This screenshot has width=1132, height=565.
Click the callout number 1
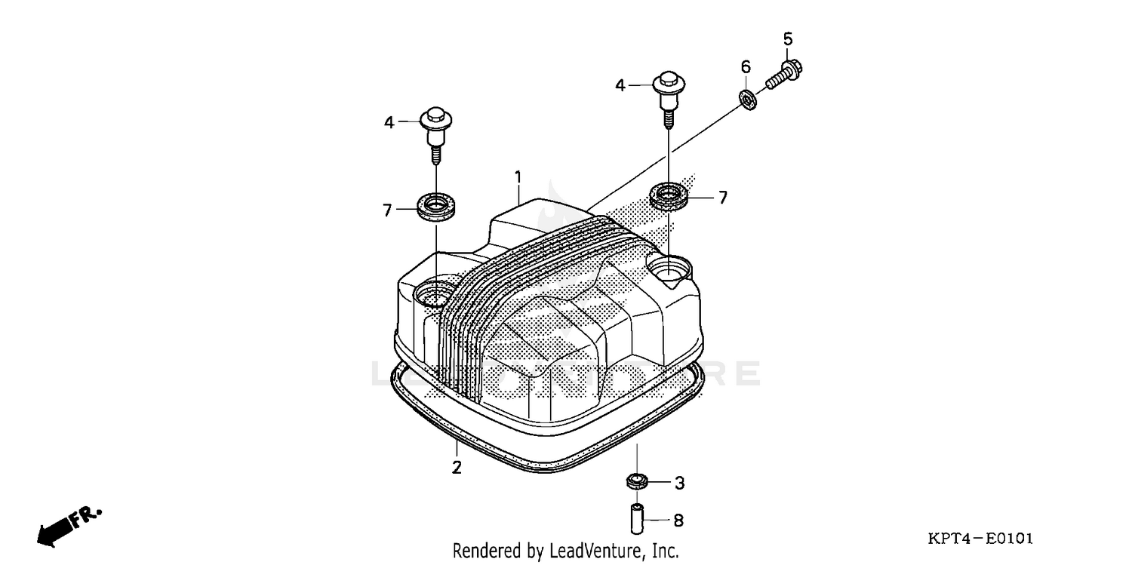(518, 177)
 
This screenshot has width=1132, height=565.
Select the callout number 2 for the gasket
(457, 467)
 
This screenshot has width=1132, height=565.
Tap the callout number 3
(678, 482)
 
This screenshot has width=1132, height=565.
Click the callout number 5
(787, 38)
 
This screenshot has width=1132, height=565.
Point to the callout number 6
(745, 66)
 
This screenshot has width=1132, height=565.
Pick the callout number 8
(678, 520)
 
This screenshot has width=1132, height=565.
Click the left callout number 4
(389, 121)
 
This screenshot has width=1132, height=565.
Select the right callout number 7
(722, 198)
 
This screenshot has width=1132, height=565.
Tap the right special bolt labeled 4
(667, 95)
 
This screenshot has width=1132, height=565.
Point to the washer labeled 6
(747, 98)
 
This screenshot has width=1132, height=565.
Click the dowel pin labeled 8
(636, 519)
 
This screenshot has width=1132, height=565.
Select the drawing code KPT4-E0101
(980, 539)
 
